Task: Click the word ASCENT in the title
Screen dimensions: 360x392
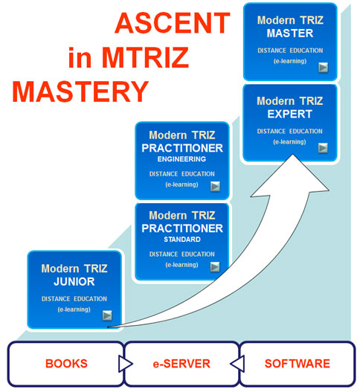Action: (173, 23)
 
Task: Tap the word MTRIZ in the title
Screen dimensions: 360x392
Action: (145, 57)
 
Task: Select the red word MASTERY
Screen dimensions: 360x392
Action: (80, 91)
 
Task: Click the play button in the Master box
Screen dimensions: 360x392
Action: (324, 68)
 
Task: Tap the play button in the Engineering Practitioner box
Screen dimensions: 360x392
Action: (215, 186)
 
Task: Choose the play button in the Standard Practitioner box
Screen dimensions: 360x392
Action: (215, 266)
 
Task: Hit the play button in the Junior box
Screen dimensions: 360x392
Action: (107, 315)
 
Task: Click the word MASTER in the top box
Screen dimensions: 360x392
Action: (290, 33)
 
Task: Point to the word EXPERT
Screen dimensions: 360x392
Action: (290, 114)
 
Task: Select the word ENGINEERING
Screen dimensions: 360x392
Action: (181, 159)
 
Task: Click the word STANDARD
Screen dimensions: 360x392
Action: (182, 240)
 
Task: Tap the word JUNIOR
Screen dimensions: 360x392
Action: (74, 282)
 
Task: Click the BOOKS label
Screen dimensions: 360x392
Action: (66, 364)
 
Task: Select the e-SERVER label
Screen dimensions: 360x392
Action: (181, 364)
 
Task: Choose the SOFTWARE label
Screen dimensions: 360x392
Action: (298, 364)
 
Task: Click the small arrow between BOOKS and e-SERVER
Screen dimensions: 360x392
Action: (125, 364)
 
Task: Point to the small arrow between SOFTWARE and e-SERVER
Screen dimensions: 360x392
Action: (238, 364)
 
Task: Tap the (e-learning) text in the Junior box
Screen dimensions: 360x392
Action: (74, 309)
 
